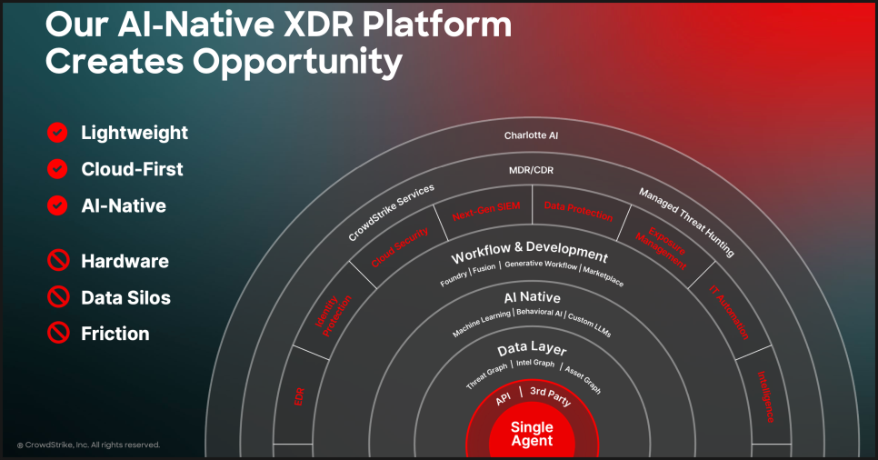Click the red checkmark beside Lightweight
tap(57, 132)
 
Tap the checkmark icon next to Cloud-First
tap(57, 169)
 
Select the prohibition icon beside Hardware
tap(58, 260)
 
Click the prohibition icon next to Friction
tap(58, 333)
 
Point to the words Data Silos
tap(126, 297)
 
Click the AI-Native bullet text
tap(124, 205)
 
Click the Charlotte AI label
tap(531, 135)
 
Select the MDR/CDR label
tap(531, 170)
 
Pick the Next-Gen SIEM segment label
tap(486, 211)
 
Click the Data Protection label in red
tap(578, 211)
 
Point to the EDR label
tap(299, 396)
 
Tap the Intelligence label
tap(766, 396)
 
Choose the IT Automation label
tap(729, 312)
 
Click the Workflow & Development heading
tap(530, 252)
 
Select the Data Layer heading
tap(532, 348)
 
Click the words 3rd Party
tap(551, 395)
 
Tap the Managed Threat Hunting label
tap(686, 223)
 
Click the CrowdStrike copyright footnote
tap(88, 445)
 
